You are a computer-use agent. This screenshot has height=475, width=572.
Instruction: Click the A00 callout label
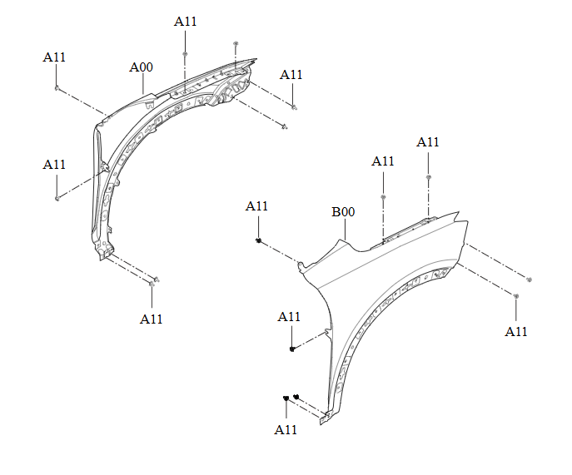coord(142,67)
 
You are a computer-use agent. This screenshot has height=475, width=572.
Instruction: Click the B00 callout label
coord(343,212)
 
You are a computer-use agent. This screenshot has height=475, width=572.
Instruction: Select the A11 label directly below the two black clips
coord(286,430)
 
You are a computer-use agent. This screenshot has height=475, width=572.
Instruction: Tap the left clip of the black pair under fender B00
coord(286,398)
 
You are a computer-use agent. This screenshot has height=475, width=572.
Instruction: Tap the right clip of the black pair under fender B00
coord(296,397)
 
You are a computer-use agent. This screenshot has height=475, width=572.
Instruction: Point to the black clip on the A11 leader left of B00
coord(259,240)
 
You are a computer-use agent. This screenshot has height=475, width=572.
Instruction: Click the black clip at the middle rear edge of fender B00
coord(292,349)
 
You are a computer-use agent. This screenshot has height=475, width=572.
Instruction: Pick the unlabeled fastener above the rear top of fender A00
coord(236,44)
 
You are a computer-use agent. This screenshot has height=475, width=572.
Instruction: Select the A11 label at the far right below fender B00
coord(516,332)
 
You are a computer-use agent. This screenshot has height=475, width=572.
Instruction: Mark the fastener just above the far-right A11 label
coord(516,295)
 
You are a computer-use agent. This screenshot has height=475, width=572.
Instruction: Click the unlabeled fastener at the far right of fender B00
coord(530,280)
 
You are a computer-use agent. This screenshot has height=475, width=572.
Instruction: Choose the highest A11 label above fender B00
coord(427,142)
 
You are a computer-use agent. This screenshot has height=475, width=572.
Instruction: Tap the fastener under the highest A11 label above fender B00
coord(429,177)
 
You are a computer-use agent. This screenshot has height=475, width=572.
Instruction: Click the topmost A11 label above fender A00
coord(186,22)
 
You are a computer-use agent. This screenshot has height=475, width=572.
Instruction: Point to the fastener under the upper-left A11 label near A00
coord(57,88)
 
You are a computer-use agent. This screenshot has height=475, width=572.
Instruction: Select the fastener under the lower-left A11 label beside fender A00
coord(57,198)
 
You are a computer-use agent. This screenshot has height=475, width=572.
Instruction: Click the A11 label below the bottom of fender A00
coord(151,319)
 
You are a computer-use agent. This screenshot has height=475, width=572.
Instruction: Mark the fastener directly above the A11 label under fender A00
coord(152,283)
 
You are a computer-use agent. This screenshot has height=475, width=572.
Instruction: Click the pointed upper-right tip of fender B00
coord(458,211)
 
